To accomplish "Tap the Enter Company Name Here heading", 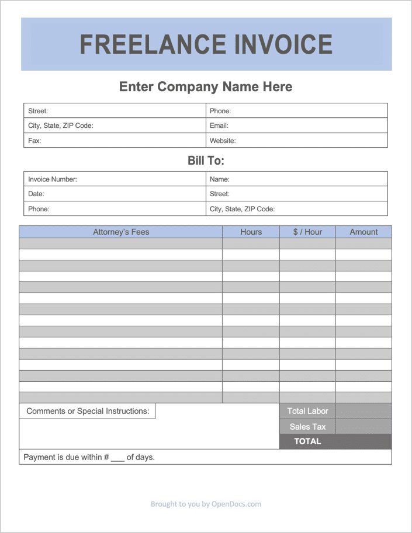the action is click(206, 87).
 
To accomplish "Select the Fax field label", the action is click(34, 141).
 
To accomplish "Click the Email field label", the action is click(219, 126).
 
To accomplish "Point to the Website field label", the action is click(223, 141).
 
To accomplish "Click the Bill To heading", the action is click(206, 161).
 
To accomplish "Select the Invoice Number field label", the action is click(53, 179).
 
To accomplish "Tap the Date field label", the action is click(36, 194).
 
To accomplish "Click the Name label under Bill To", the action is click(220, 179).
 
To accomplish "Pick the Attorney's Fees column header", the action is click(121, 232).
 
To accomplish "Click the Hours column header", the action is click(251, 232).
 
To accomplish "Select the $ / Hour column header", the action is click(307, 232).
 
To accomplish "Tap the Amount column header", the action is click(363, 232).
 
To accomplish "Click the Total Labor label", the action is click(307, 411).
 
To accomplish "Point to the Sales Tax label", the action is click(307, 427).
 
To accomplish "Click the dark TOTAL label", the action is click(307, 441).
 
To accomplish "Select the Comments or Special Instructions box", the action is click(88, 411).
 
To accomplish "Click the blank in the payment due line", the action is click(117, 458).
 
